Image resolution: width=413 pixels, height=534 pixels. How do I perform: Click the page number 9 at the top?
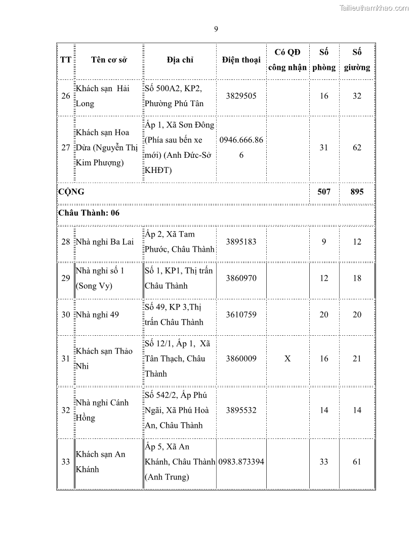[216, 29]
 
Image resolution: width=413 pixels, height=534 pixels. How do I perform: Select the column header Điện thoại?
[241, 60]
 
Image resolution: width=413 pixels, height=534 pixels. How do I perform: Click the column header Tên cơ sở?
[109, 60]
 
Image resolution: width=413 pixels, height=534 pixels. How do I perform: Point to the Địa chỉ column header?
[180, 60]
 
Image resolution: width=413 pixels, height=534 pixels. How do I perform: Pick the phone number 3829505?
[241, 96]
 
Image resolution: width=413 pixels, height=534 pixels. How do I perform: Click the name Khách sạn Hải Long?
[102, 96]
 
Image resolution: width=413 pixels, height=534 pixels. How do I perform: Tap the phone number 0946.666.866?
[241, 148]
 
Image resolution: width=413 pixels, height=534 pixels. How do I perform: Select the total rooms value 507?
[324, 192]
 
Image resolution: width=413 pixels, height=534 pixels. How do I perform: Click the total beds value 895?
[357, 192]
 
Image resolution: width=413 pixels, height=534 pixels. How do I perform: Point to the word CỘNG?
[71, 192]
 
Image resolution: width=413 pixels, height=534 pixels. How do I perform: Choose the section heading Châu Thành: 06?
[89, 213]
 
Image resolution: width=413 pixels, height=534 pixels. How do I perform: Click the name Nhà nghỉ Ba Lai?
[104, 242]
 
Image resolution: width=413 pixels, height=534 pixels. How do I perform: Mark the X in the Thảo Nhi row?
[287, 359]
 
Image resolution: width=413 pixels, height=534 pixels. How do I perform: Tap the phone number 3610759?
[241, 315]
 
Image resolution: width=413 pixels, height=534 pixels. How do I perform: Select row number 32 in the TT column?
[66, 410]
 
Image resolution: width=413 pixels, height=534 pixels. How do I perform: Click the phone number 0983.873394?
[241, 462]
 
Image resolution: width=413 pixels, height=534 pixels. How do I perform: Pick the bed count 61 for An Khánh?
[357, 462]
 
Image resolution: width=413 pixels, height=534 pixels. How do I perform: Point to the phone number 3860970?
[241, 278]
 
